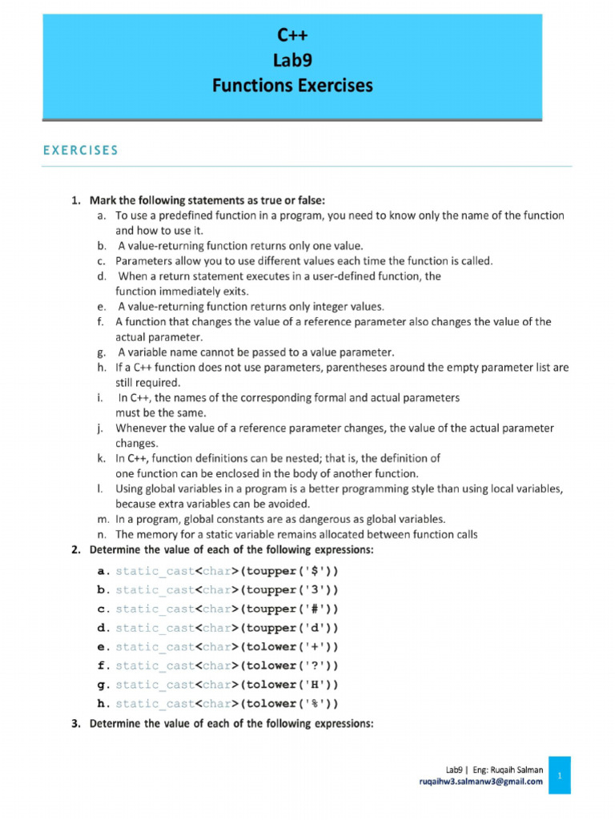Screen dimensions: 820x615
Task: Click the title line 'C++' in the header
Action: point(292,35)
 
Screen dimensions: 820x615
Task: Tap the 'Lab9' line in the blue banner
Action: point(292,60)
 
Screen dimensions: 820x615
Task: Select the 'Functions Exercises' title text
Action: point(292,86)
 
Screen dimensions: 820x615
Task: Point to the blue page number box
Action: point(560,776)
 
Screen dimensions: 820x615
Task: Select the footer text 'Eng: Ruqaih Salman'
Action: point(504,770)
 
